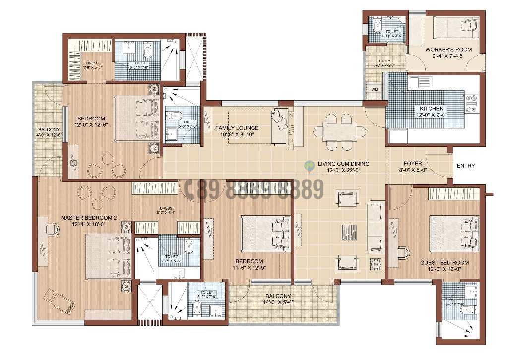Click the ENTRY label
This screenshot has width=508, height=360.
(465, 166)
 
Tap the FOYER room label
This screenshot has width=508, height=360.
(413, 163)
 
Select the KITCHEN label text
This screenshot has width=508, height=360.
(431, 109)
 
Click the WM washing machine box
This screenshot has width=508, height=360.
(374, 90)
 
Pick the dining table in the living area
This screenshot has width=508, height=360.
(340, 132)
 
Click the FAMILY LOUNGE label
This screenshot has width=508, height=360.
(237, 128)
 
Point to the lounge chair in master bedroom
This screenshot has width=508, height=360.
(59, 300)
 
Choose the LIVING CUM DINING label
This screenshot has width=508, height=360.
(343, 163)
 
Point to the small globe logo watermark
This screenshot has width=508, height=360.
(310, 165)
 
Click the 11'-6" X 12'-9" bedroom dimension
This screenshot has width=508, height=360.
(249, 268)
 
